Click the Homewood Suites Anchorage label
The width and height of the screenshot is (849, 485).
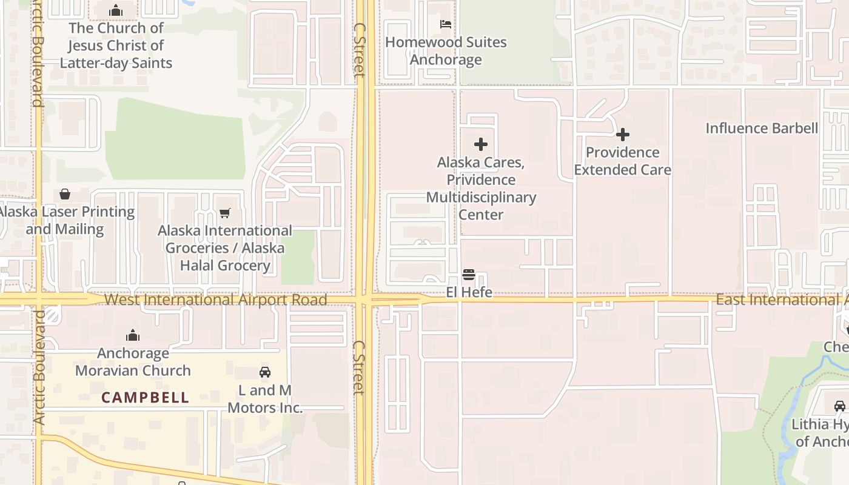coord(446,51)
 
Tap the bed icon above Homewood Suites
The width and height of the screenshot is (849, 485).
coord(446,24)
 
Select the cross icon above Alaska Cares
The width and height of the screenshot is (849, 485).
coord(481,144)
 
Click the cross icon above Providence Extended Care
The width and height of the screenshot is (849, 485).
coord(623,135)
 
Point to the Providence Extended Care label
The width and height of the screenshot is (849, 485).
coord(623,161)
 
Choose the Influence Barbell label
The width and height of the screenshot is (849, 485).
coord(762,129)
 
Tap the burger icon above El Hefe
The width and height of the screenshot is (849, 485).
coord(469,275)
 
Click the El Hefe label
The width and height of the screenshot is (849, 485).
coord(469,292)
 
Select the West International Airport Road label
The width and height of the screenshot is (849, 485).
coord(215,299)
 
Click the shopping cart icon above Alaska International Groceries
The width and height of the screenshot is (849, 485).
coord(225,213)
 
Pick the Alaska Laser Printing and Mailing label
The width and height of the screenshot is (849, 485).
coord(65,220)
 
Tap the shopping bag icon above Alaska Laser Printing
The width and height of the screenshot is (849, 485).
coord(65,194)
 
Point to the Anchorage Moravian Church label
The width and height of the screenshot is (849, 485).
coord(133,362)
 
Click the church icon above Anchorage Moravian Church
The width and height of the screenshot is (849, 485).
coord(133,335)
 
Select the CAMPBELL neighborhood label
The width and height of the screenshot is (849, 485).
coord(145,398)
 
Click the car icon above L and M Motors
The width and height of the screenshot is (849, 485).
coord(265,372)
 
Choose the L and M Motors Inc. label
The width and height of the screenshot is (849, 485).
coord(265,399)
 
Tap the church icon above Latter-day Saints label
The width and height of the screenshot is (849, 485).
coord(116,10)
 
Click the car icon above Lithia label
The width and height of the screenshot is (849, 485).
coord(840,406)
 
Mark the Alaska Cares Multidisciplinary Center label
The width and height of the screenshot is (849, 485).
coord(481,189)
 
